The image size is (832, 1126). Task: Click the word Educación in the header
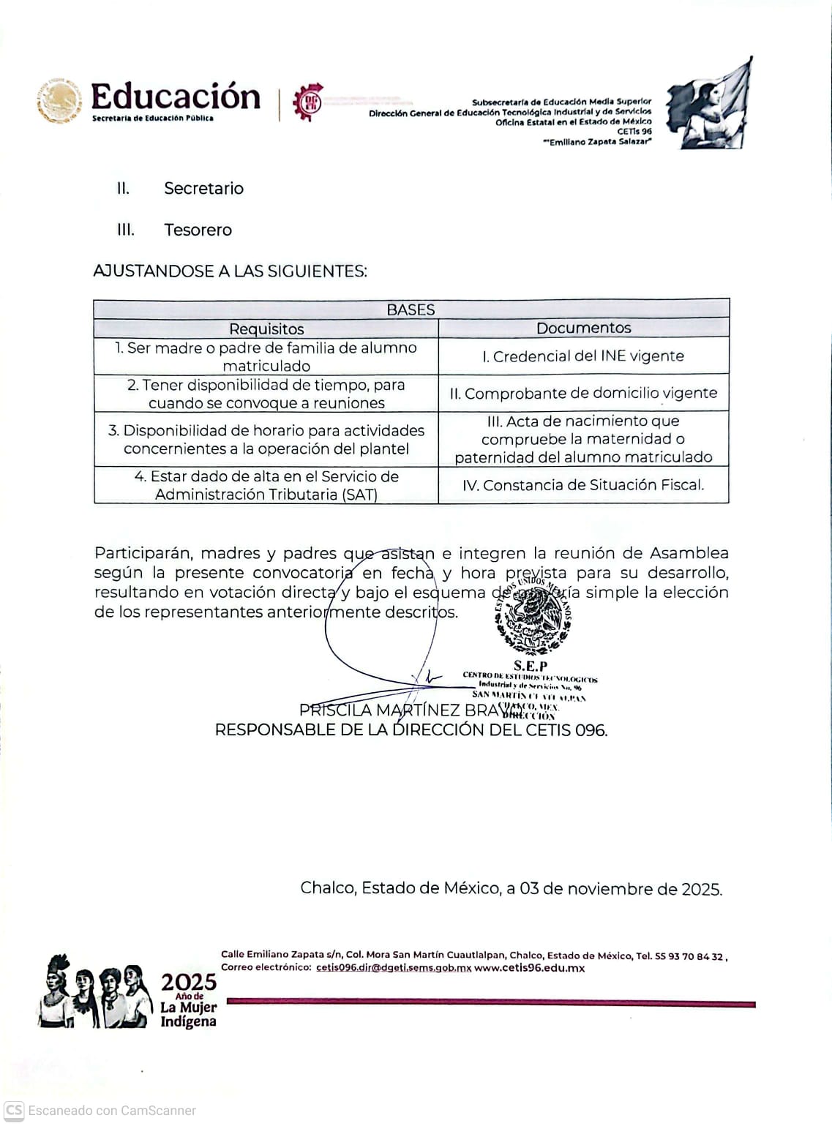click(x=175, y=97)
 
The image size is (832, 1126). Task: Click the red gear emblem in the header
click(x=308, y=102)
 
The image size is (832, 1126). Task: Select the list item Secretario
click(x=203, y=189)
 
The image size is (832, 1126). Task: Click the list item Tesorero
click(x=198, y=230)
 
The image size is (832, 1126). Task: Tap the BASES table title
click(x=411, y=309)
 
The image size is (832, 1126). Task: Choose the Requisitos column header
click(x=266, y=329)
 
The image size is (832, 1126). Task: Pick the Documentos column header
click(x=583, y=328)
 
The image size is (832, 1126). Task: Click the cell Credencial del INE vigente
click(x=583, y=356)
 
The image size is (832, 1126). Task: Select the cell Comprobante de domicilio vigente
click(x=583, y=394)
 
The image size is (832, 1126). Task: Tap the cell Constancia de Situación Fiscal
click(x=583, y=485)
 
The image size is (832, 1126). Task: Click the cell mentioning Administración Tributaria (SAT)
click(x=266, y=486)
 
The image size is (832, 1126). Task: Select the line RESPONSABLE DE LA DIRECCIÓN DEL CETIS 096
click(x=411, y=730)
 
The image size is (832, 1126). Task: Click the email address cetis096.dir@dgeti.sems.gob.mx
click(x=394, y=968)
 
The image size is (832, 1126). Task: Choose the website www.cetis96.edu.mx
click(x=529, y=968)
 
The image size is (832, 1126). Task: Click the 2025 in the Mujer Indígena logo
click(x=189, y=982)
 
